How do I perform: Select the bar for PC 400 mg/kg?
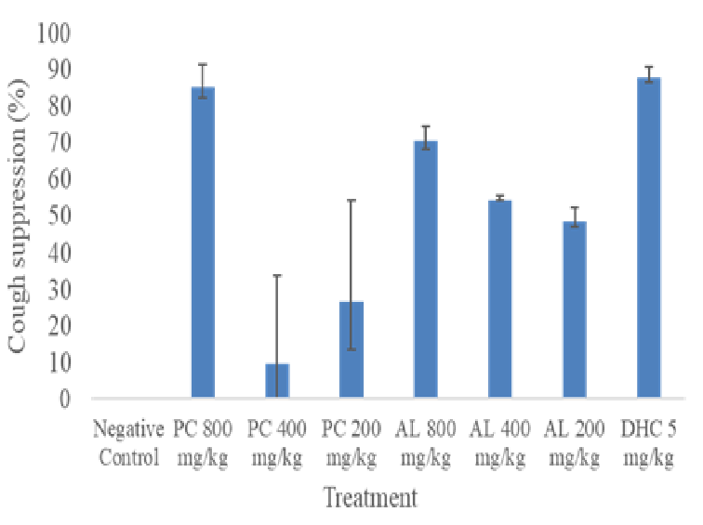pyautogui.click(x=277, y=381)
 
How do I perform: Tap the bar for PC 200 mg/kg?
pyautogui.click(x=351, y=350)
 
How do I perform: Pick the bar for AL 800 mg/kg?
pyautogui.click(x=426, y=270)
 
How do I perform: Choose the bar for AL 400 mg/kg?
pyautogui.click(x=500, y=299)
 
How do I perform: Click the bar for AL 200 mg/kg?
pyautogui.click(x=575, y=310)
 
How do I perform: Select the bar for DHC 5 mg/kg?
pyautogui.click(x=649, y=239)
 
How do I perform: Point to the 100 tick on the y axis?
pyautogui.click(x=57, y=34)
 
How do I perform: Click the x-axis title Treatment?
pyautogui.click(x=370, y=498)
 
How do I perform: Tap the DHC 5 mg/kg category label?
pyautogui.click(x=649, y=443)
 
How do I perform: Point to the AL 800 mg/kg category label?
pyautogui.click(x=426, y=443)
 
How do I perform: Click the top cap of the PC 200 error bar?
pyautogui.click(x=351, y=200)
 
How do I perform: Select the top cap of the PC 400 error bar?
pyautogui.click(x=277, y=276)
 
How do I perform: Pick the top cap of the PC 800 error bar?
pyautogui.click(x=203, y=65)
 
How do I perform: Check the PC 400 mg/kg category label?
pyautogui.click(x=277, y=443)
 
